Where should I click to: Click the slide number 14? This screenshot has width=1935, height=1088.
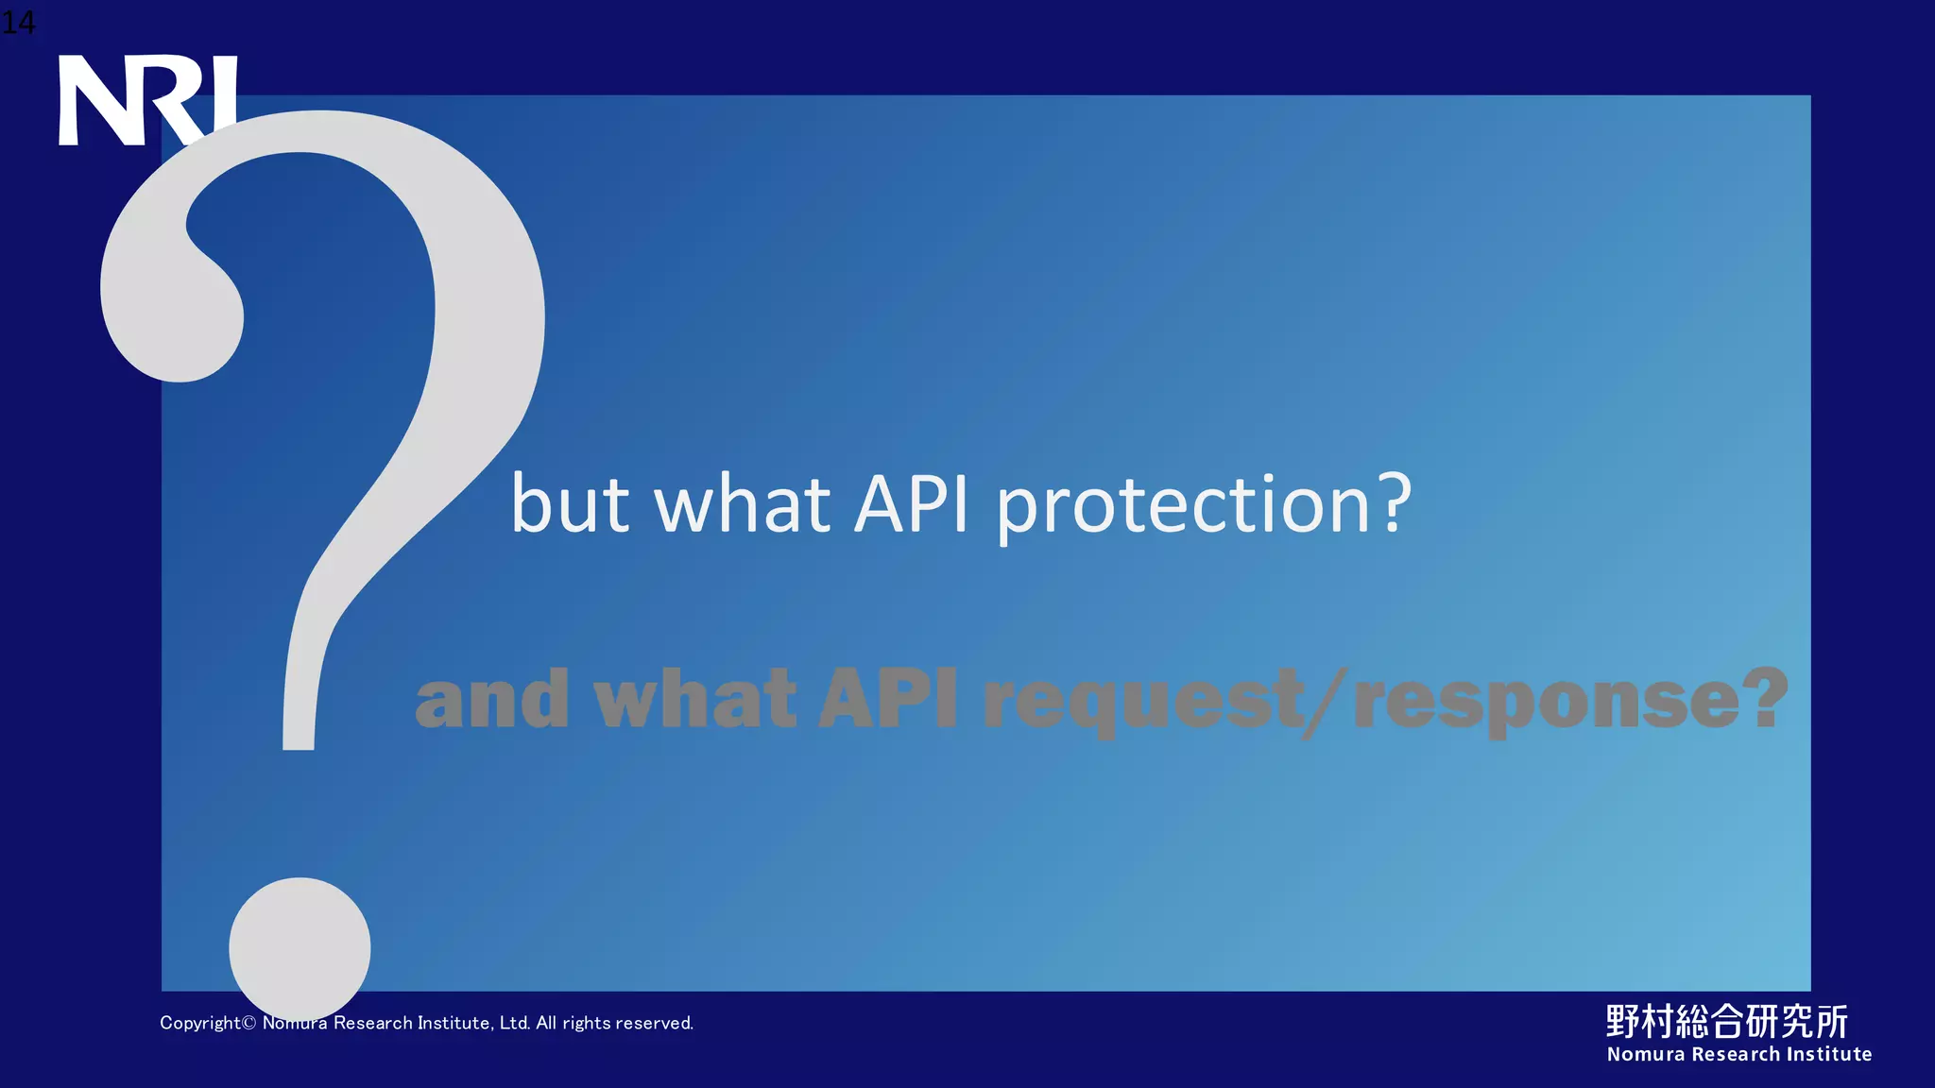coord(17,23)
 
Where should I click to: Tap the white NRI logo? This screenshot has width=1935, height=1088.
coord(147,100)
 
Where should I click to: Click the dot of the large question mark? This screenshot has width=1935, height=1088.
coord(300,947)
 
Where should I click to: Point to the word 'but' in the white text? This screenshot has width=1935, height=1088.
coord(570,504)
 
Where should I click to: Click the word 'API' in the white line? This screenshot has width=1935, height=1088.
coord(912,504)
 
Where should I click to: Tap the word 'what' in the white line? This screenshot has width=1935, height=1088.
coord(743,504)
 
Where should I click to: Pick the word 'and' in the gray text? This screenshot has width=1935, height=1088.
coord(492,700)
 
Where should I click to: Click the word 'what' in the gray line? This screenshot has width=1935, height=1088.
coord(694,700)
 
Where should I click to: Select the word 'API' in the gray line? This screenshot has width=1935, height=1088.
coord(888,700)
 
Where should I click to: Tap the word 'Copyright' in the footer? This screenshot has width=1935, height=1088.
coord(200,1023)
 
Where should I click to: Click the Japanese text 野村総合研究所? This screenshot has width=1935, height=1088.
coord(1727,1021)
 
